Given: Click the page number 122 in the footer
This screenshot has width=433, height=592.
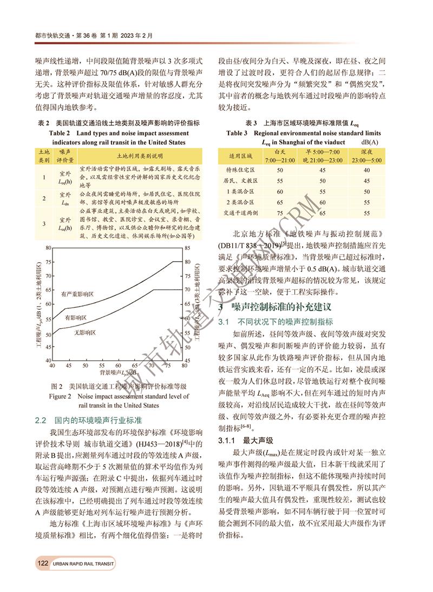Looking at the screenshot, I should [43, 563].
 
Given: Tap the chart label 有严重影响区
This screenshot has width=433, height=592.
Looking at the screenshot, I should [77, 294].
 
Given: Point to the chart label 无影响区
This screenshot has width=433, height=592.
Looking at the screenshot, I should [85, 332].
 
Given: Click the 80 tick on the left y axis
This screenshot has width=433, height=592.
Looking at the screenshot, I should [48, 248].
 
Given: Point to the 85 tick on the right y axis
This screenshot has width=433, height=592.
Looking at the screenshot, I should [187, 248].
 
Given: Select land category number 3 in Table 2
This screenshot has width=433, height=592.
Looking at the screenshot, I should [43, 223].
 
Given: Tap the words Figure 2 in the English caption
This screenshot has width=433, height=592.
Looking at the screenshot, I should [64, 396].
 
